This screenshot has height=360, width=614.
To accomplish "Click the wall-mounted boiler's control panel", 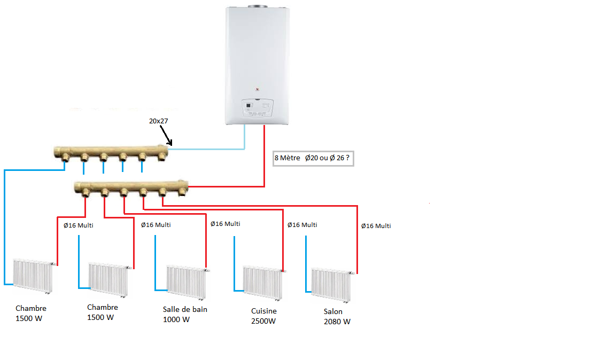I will tap(257, 108).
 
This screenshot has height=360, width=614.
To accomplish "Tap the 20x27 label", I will tap(158, 121).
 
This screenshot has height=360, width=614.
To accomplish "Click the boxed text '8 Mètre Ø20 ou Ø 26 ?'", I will tap(313, 158).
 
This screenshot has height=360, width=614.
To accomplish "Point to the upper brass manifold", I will tap(112, 153).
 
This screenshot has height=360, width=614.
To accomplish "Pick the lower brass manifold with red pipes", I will tap(131, 187).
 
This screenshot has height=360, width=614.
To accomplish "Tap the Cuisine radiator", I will tap(262, 280).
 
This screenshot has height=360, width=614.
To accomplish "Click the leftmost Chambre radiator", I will tap(33, 275).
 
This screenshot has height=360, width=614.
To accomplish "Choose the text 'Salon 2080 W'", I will tap(337, 316).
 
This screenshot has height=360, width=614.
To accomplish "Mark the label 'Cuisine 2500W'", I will tap(264, 316).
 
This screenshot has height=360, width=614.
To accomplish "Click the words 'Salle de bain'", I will tap(185, 309).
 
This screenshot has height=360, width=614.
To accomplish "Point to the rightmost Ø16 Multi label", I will tap(376, 226).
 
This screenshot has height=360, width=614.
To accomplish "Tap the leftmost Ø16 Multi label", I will tap(79, 225).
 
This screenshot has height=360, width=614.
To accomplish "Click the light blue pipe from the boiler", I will tap(214, 149).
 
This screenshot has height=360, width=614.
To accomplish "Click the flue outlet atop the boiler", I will tap(257, 6).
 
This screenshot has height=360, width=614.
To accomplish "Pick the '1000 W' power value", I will tap(176, 319).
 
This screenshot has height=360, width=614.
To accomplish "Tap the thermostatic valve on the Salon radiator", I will tap(352, 272).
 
